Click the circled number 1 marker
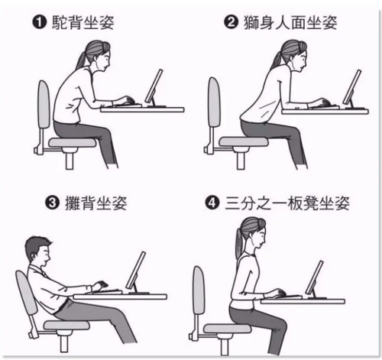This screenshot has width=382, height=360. pos(39,22)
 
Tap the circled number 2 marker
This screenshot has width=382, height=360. pos(231,22)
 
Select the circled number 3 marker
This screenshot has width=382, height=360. pos(52,203)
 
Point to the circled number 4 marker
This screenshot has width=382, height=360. pos(212,203)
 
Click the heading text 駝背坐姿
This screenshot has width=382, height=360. pos(83,22)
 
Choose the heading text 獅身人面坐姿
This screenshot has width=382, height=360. pos(291,22)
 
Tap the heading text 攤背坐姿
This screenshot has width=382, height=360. pos(96,203)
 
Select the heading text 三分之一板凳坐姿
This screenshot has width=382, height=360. pos(287,203)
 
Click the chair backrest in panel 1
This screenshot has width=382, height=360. pos(44,105)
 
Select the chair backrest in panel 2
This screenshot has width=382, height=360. pos(214,102)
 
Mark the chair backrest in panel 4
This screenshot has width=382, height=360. pos(199,290)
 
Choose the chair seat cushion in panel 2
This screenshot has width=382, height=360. pos(244,141)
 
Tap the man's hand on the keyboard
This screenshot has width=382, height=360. pos(100,284)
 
